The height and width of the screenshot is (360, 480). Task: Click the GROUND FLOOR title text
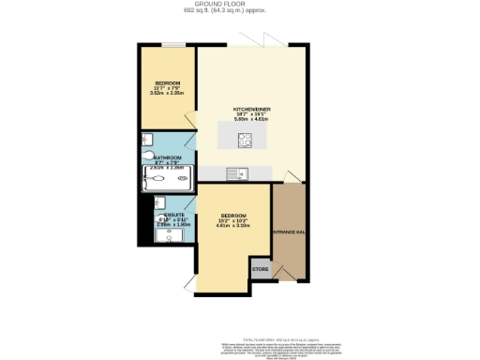239,4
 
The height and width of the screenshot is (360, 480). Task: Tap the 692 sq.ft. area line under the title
239,10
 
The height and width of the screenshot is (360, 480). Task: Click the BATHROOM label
169,158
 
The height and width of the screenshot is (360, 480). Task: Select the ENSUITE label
169,215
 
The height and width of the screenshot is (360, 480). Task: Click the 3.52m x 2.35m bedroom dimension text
166,93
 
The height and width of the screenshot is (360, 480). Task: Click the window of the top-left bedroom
172,44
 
